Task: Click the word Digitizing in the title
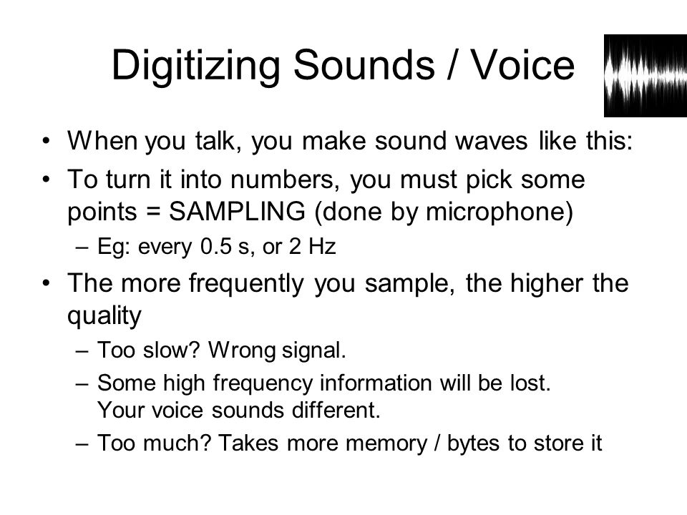(195, 66)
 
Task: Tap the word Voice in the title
(522, 65)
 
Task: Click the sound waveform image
(645, 76)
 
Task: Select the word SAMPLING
(237, 211)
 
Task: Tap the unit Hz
(322, 247)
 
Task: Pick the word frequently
(245, 284)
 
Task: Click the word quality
(104, 315)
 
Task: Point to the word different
(336, 410)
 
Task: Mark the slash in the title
(452, 65)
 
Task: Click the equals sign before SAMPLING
(152, 212)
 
